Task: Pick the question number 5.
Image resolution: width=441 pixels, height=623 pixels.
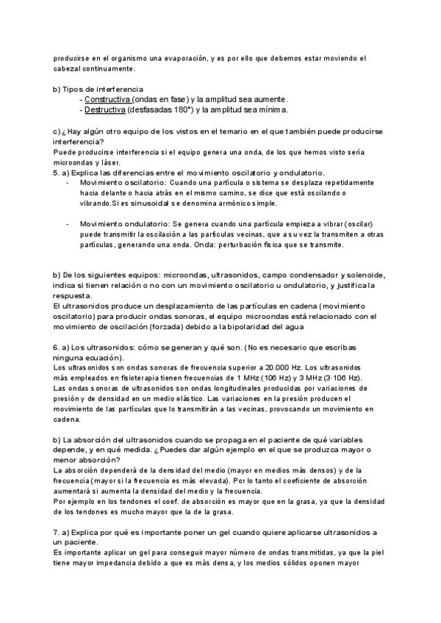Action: [x=56, y=172]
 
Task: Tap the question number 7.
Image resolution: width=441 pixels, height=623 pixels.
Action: [x=56, y=531]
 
